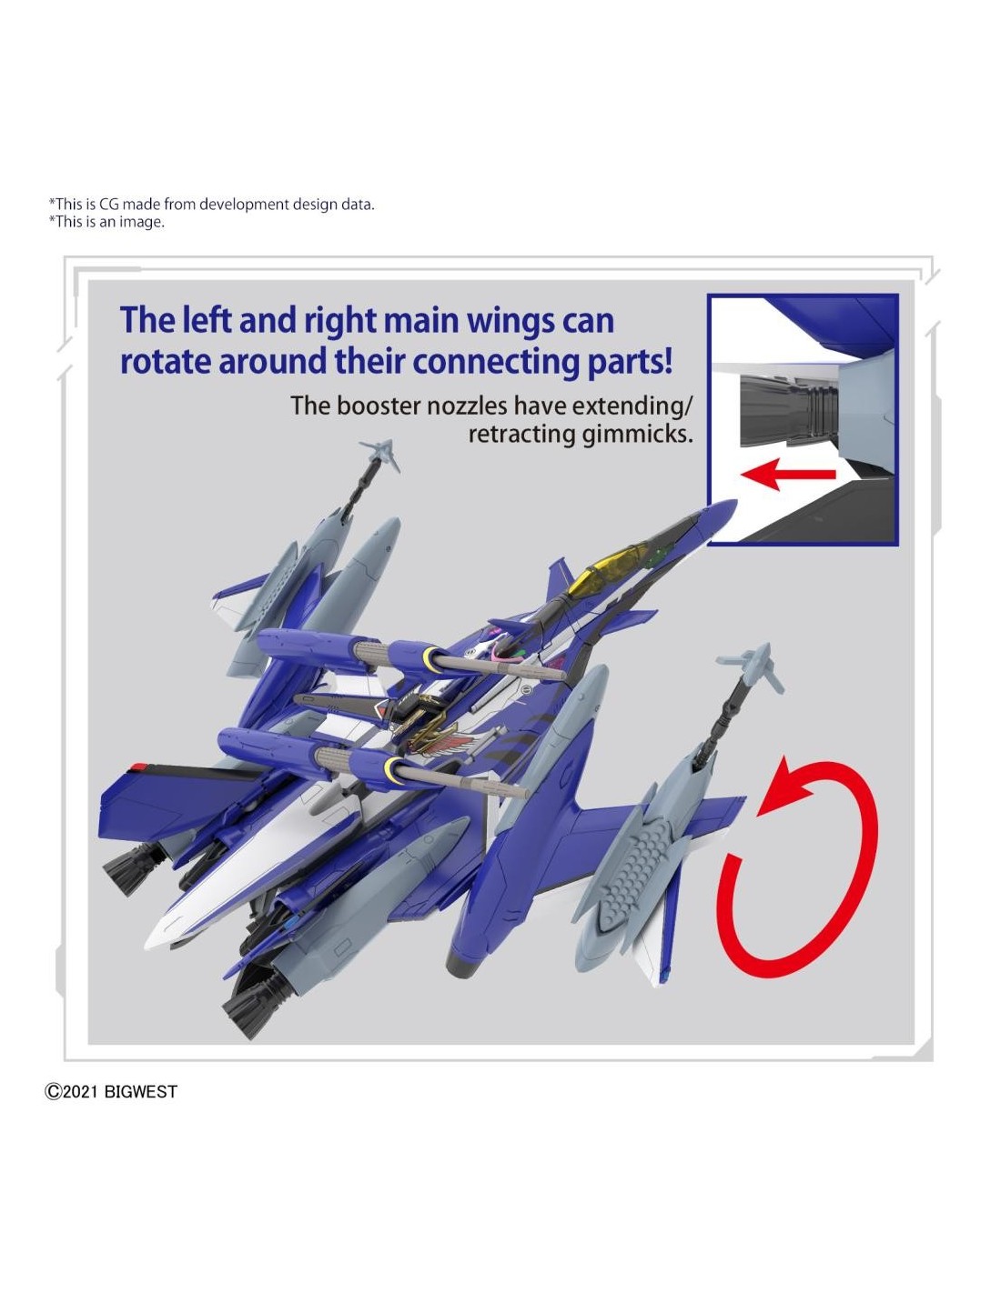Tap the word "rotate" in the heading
click(165, 361)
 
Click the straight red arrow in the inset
click(787, 475)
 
